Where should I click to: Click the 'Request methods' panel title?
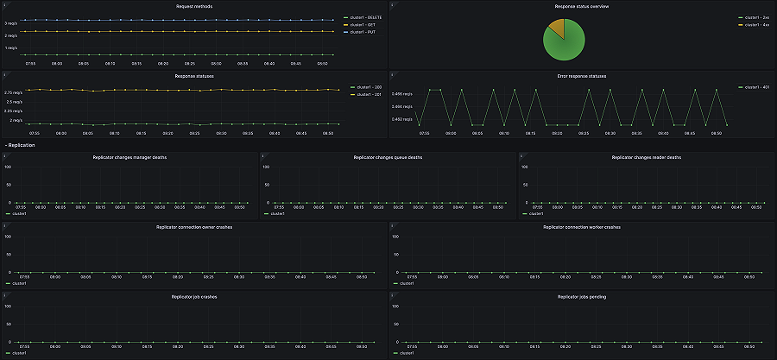[x=193, y=6]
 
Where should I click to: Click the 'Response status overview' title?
[x=582, y=6]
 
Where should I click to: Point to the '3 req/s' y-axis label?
[x=11, y=22]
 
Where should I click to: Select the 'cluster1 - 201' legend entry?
[x=368, y=94]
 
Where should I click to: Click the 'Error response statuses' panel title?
[x=582, y=76]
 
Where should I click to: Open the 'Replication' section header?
[x=22, y=145]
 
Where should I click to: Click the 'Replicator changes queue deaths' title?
[x=388, y=157]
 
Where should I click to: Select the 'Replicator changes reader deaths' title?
[x=646, y=157]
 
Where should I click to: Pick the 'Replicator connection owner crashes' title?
[x=193, y=226]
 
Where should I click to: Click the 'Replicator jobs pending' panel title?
[x=582, y=296]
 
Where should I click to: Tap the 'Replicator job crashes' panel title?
[x=193, y=296]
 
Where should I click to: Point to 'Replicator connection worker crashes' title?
[x=582, y=226]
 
